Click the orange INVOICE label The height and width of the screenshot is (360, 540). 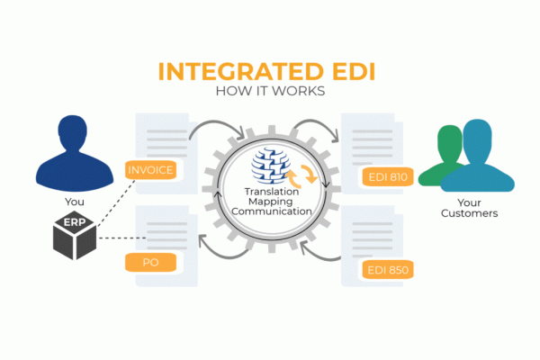(x=151, y=169)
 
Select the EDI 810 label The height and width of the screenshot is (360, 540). (x=385, y=177)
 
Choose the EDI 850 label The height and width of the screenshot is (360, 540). (x=385, y=270)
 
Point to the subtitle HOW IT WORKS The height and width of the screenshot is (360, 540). (x=270, y=92)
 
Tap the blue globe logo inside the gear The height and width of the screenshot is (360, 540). (x=267, y=166)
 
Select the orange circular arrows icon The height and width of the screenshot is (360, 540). (x=302, y=173)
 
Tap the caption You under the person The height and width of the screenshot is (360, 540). (x=76, y=202)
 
